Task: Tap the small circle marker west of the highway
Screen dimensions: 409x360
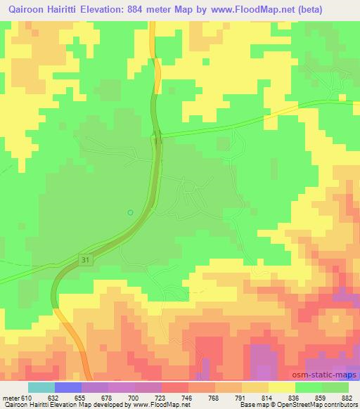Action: pos(129,212)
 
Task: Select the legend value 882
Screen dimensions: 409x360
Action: pos(346,398)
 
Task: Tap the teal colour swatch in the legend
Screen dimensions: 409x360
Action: pos(41,387)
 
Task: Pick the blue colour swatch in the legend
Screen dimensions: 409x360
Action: pos(68,387)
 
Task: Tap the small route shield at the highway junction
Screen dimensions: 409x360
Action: pos(157,141)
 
